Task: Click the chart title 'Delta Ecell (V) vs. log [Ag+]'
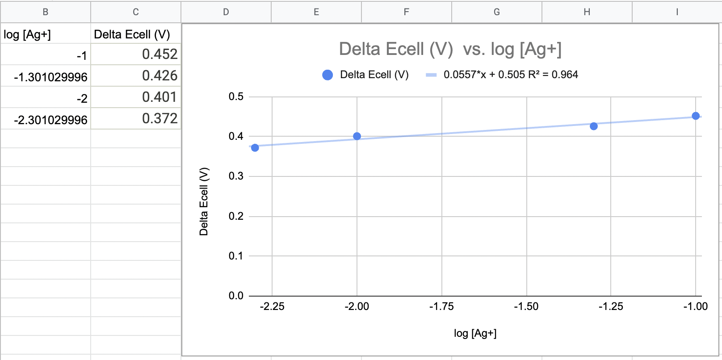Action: pyautogui.click(x=450, y=49)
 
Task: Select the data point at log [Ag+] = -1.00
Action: pyautogui.click(x=696, y=116)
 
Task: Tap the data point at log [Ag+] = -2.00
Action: pyautogui.click(x=357, y=136)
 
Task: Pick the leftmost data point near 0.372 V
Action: pyautogui.click(x=255, y=148)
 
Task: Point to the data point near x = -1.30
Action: pyautogui.click(x=594, y=126)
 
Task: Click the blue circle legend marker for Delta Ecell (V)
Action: pyautogui.click(x=327, y=75)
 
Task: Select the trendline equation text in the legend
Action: pyautogui.click(x=510, y=75)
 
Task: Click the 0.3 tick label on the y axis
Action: pyautogui.click(x=236, y=176)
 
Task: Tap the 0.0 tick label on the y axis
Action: pyautogui.click(x=236, y=296)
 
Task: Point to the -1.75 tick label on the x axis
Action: pyautogui.click(x=441, y=306)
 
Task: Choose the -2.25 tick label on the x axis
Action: pyautogui.click(x=272, y=306)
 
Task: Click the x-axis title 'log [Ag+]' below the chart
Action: pyautogui.click(x=475, y=333)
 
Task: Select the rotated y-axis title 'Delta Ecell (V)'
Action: pyautogui.click(x=204, y=201)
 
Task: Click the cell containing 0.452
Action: pyautogui.click(x=136, y=54)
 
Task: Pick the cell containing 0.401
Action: pyautogui.click(x=136, y=97)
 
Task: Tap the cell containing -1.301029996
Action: pyautogui.click(x=46, y=77)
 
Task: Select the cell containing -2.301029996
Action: pyautogui.click(x=46, y=120)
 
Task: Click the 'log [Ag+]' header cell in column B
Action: pyautogui.click(x=46, y=34)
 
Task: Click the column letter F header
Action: pyautogui.click(x=406, y=12)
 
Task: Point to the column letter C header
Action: pyautogui.click(x=136, y=12)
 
